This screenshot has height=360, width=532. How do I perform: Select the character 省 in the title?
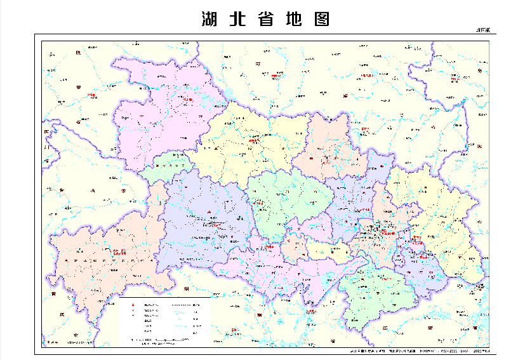(x=267, y=20)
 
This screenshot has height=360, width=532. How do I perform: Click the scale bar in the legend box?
(x=162, y=342)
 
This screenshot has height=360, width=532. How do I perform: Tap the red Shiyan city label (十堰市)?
(x=186, y=99)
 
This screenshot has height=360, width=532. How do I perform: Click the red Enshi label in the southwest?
(x=119, y=252)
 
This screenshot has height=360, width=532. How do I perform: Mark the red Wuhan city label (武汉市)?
(x=387, y=233)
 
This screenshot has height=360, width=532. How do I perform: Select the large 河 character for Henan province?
(x=258, y=63)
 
